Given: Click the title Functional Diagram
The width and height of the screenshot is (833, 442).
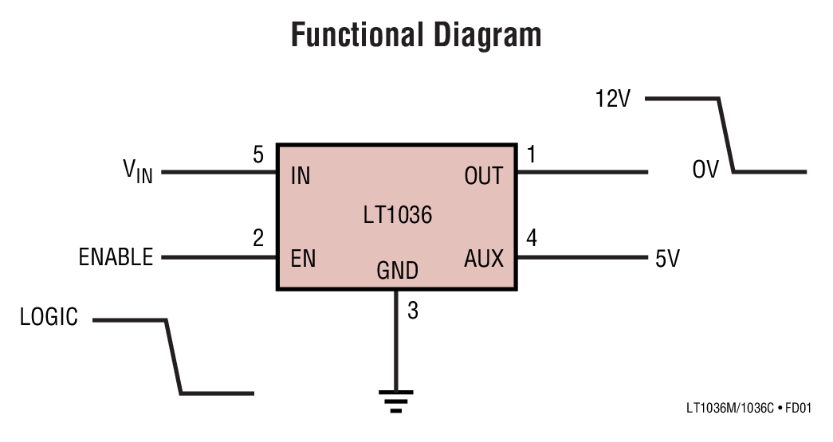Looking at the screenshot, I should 415,36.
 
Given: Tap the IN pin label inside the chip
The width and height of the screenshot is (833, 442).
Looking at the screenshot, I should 301,176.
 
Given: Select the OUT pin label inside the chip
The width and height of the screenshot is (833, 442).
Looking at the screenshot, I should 483,176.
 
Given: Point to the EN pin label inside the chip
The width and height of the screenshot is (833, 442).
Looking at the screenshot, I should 303,259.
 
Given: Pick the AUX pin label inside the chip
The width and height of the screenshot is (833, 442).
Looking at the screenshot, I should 484,259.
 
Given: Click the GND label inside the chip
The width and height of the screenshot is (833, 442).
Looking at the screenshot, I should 397,271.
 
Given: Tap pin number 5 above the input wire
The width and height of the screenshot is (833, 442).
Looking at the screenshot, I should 258,155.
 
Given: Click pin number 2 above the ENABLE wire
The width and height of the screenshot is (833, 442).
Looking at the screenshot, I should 258,238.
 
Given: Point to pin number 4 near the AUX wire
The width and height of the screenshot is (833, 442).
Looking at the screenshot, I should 532,238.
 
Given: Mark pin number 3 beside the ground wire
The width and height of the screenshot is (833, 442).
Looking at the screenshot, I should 412,311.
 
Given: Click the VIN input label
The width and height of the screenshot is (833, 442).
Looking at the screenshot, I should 137,170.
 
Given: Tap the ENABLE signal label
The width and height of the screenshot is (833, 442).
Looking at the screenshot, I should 116,257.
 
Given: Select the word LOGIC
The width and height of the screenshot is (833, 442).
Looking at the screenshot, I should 49,318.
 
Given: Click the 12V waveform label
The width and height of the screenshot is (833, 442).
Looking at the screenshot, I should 613,100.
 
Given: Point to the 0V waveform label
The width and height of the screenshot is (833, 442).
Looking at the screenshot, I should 705,170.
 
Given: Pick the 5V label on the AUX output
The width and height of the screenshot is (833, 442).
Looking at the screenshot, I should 667,259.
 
